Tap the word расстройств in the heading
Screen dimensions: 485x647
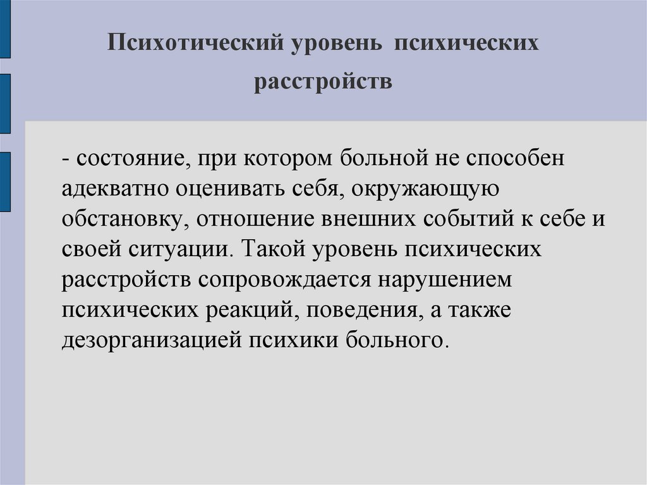point(323,83)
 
